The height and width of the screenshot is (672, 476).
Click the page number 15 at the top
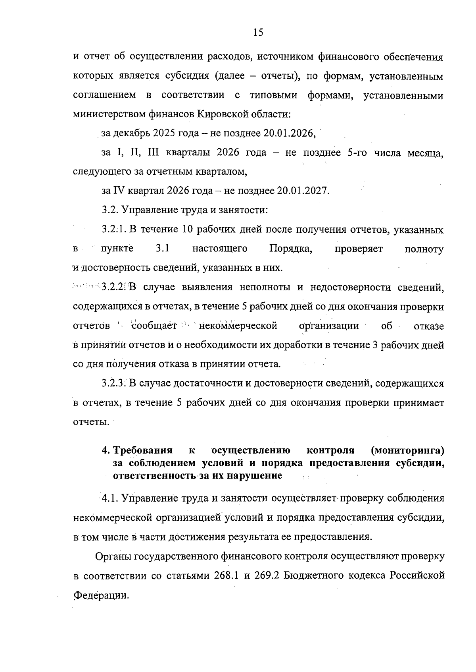[x=258, y=33]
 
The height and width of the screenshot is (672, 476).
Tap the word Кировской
[x=229, y=114]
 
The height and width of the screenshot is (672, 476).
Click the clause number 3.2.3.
[x=113, y=383]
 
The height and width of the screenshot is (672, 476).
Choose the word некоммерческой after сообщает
[x=237, y=326]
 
